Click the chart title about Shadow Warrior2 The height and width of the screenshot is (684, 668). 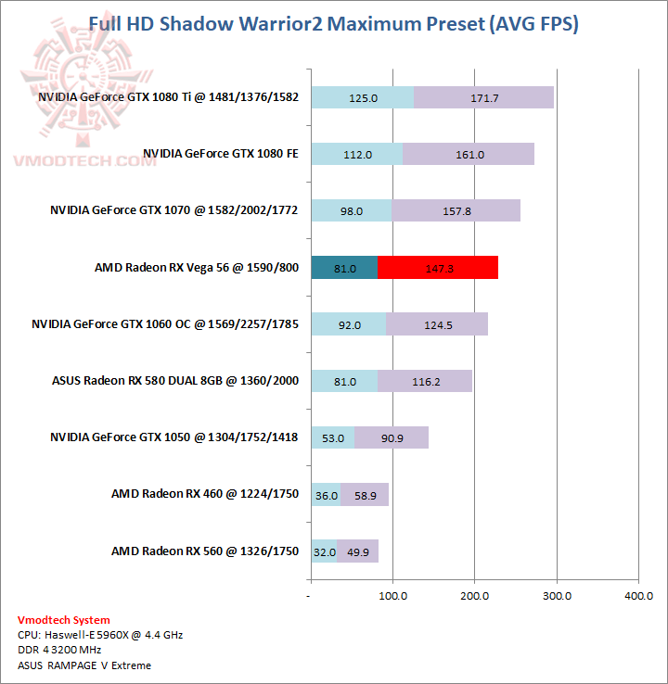(333, 24)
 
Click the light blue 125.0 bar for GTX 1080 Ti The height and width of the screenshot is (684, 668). (362, 97)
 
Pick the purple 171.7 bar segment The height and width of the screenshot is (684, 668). (483, 97)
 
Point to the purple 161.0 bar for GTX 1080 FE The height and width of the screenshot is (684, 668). (469, 154)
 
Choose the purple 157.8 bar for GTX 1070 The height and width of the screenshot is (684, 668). (456, 211)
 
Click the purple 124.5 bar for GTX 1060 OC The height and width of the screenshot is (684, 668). (436, 324)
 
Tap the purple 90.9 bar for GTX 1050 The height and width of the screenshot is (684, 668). (392, 437)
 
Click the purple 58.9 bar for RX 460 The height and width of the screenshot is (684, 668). (365, 494)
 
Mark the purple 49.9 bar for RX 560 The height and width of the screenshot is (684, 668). (358, 551)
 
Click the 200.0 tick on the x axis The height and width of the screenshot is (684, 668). (474, 595)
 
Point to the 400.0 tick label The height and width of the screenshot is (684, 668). (638, 595)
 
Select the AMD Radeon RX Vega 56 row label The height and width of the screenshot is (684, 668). (196, 268)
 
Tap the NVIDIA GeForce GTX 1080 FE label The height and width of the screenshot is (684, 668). (220, 154)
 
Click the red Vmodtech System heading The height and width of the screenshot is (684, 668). (63, 620)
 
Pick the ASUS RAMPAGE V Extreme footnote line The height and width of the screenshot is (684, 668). (84, 665)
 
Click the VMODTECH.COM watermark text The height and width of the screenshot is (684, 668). (83, 160)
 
